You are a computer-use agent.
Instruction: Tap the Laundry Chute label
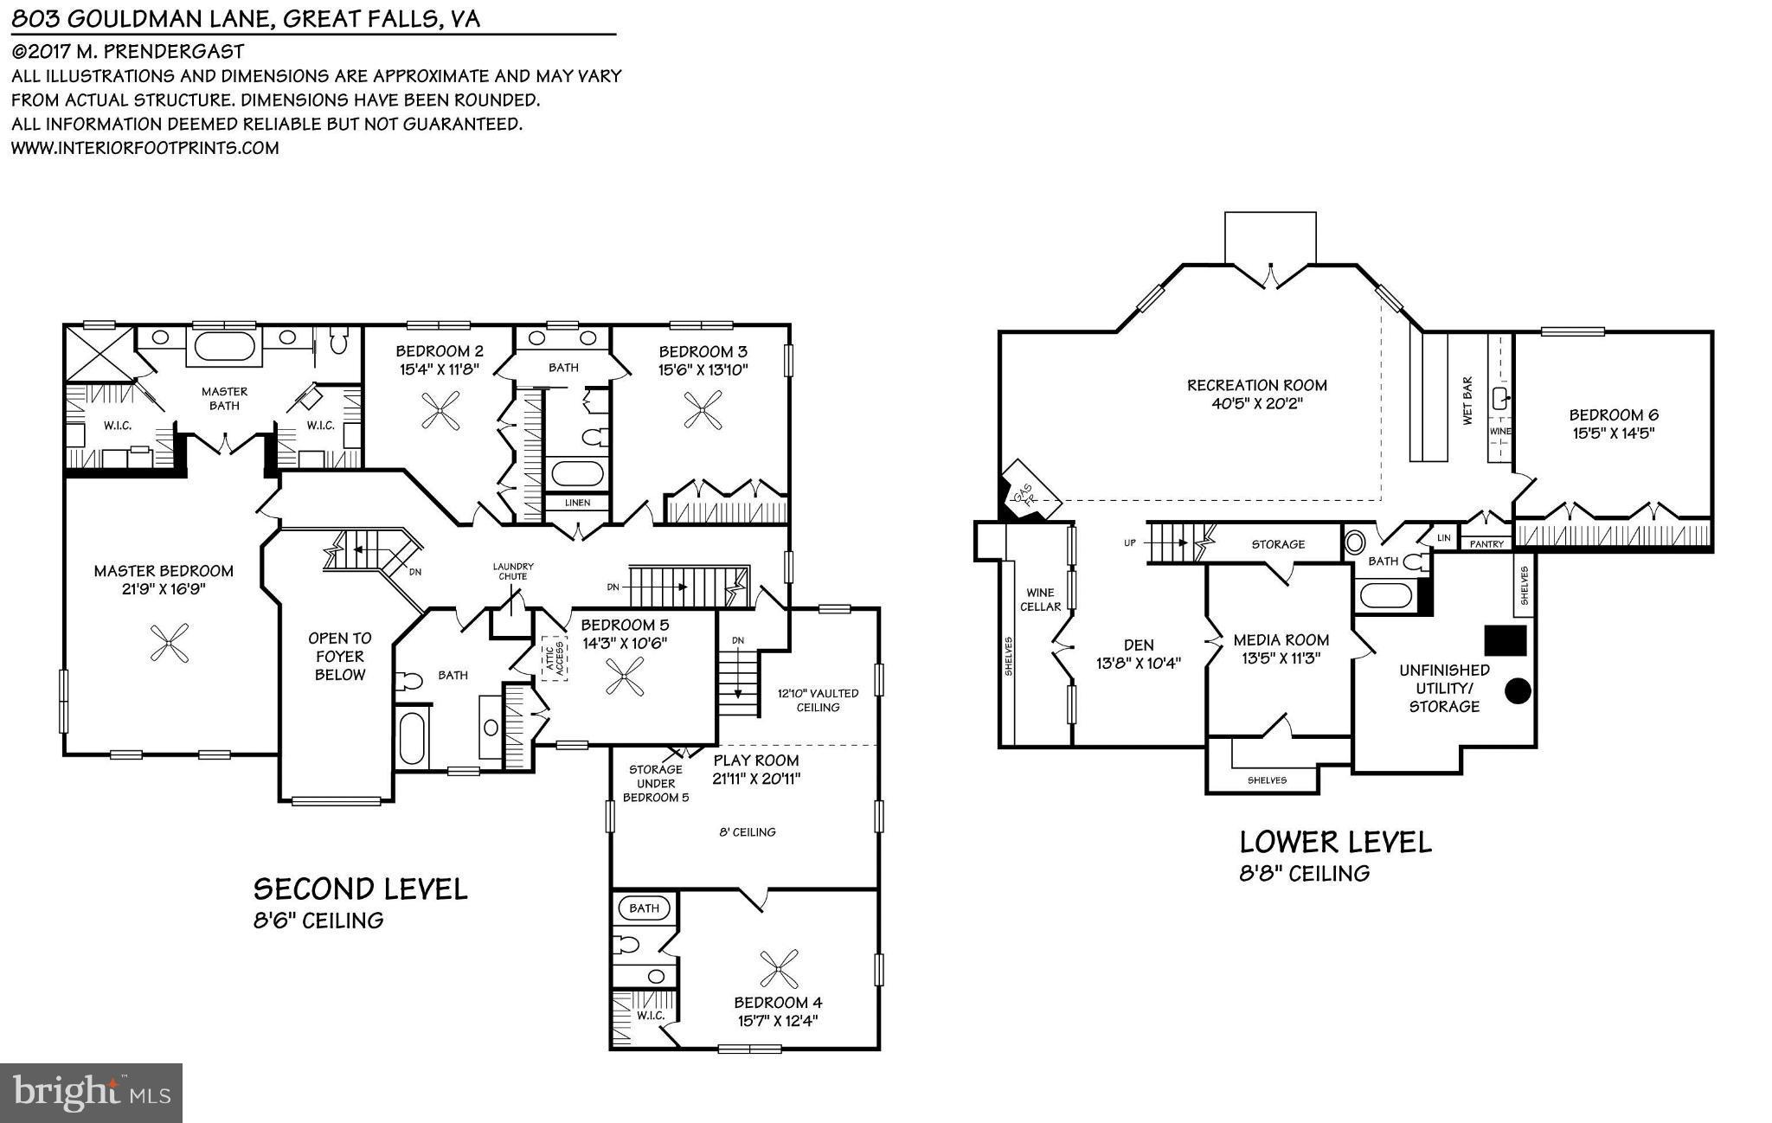513,571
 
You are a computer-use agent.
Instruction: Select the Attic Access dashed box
554,658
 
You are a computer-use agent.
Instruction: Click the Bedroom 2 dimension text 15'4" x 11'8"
439,370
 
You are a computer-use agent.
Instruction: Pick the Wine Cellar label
1039,600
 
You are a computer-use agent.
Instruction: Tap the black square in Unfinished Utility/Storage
1506,640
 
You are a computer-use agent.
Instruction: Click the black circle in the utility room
1518,690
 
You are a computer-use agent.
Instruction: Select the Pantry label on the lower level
1486,544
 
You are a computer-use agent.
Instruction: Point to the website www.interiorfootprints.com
144,148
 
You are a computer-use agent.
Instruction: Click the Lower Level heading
1335,842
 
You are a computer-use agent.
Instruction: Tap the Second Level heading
360,889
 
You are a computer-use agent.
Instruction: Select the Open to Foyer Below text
340,656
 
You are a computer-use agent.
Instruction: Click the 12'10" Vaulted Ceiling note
818,700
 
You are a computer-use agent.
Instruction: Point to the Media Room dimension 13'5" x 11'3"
1281,658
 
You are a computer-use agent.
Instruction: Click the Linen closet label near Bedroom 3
577,503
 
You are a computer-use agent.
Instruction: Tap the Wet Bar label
1467,401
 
